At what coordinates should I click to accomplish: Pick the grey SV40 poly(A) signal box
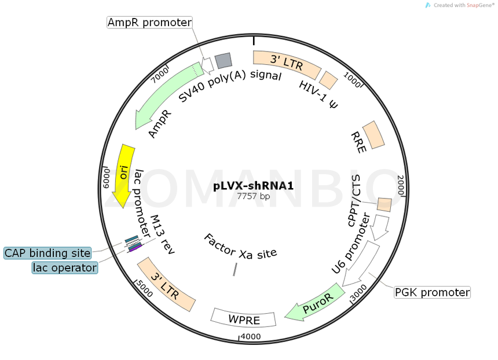[x=224, y=60]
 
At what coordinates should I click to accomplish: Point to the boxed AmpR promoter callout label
[x=149, y=23]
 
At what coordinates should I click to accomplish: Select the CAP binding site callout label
[x=47, y=253]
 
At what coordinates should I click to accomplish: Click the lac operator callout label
[x=65, y=268]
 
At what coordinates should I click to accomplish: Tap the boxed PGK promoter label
[x=432, y=292]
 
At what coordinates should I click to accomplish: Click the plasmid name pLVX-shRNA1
[x=254, y=186]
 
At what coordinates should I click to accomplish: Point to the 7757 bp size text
[x=254, y=197]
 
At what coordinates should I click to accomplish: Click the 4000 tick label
[x=251, y=337]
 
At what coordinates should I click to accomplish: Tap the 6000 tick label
[x=106, y=175]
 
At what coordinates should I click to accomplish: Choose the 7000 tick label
[x=159, y=75]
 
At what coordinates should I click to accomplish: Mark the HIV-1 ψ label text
[x=318, y=94]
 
